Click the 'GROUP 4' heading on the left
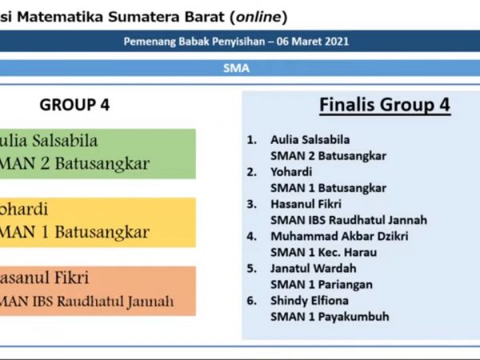pos(74,105)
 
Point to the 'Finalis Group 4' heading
pos(384,105)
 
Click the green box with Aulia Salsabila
pos(96,153)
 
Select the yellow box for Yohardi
pos(96,222)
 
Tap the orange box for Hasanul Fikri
pos(96,290)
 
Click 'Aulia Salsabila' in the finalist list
pos(310,140)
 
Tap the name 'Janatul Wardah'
pos(314,268)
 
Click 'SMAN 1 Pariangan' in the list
pos(321,284)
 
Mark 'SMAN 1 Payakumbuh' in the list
pos(330,316)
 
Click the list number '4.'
pos(252,236)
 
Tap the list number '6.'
pos(252,300)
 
